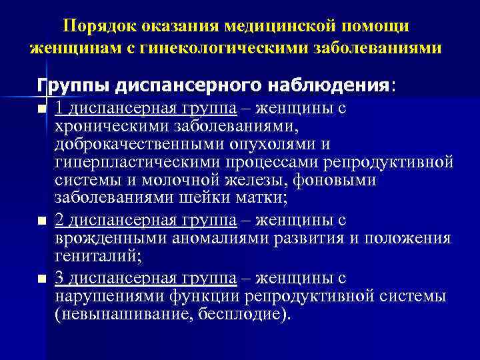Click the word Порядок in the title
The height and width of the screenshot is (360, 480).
95,26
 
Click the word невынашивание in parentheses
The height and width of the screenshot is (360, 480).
126,313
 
